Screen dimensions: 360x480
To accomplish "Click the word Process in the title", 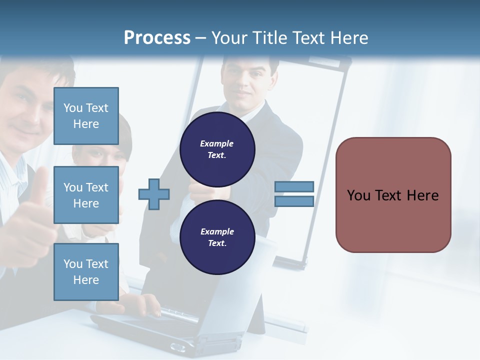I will pyautogui.click(x=157, y=38).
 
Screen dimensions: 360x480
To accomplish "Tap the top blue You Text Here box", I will pyautogui.click(x=86, y=116).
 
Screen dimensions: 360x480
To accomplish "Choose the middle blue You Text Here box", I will pyautogui.click(x=86, y=195).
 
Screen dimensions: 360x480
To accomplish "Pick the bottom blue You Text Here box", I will pyautogui.click(x=86, y=271).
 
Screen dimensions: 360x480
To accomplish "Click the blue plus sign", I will pyautogui.click(x=154, y=193).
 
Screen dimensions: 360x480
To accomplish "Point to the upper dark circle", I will pyautogui.click(x=217, y=149).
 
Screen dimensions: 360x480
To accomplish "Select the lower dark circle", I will pyautogui.click(x=217, y=237).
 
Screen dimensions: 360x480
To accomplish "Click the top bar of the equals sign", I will pyautogui.click(x=294, y=186).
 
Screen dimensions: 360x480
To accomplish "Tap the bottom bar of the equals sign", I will pyautogui.click(x=294, y=201).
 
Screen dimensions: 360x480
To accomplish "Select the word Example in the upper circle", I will pyautogui.click(x=217, y=143).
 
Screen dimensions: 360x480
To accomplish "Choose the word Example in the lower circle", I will pyautogui.click(x=217, y=231).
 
